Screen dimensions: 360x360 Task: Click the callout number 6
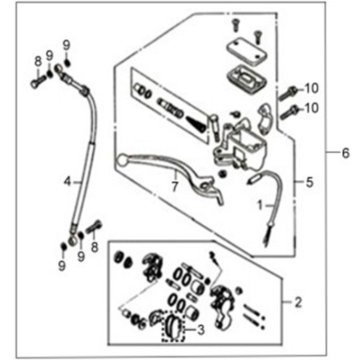[x=346, y=153]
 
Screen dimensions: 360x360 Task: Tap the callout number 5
[x=310, y=182]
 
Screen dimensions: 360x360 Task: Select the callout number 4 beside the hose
[x=68, y=182]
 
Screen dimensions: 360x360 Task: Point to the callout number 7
[x=175, y=186]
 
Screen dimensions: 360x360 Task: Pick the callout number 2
[x=298, y=303]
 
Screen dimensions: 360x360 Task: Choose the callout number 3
[x=200, y=330]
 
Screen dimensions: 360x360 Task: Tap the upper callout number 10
[x=311, y=89]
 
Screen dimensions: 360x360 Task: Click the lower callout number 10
[x=311, y=108]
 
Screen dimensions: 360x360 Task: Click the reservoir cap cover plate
[x=247, y=52]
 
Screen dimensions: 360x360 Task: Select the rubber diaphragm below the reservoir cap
[x=247, y=79]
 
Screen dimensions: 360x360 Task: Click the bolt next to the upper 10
[x=288, y=94]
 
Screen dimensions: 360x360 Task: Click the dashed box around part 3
[x=174, y=325]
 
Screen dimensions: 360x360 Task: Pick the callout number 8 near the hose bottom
[x=95, y=247]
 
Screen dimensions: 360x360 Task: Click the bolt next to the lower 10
[x=289, y=112]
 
